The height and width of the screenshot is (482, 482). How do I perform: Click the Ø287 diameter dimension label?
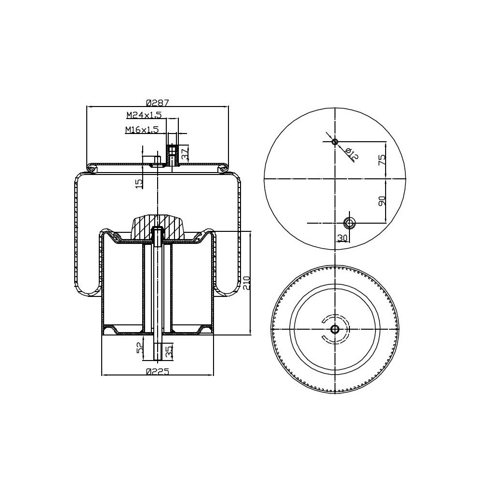click(157, 103)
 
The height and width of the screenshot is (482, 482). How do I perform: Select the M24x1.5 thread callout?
click(144, 115)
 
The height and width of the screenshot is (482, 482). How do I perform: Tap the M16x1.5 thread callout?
click(142, 130)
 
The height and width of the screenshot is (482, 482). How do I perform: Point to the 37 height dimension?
click(185, 154)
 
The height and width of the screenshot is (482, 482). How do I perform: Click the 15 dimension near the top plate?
click(139, 183)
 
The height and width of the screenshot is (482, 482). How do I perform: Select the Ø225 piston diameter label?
click(157, 371)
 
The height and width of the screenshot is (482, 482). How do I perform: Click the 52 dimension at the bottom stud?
click(140, 348)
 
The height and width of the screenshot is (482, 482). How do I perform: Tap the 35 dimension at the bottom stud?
click(169, 351)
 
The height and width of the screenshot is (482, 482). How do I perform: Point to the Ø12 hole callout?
click(353, 154)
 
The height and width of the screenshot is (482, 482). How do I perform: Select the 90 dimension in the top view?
click(381, 201)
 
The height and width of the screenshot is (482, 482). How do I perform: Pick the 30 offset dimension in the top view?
click(342, 238)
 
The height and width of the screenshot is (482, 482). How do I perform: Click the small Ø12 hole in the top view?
click(335, 142)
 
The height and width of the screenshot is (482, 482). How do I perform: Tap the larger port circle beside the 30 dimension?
click(349, 223)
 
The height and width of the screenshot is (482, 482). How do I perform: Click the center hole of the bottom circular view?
click(335, 329)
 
